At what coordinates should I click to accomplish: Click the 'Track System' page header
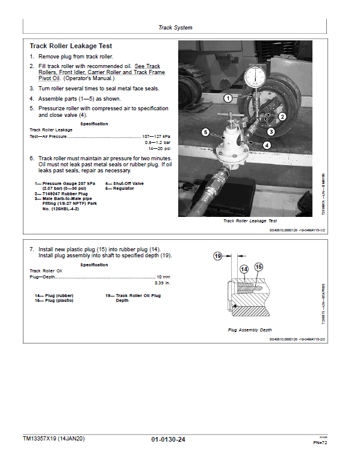[x=175, y=28]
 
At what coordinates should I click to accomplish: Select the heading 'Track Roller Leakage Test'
[x=70, y=46]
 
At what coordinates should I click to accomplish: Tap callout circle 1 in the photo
[x=228, y=98]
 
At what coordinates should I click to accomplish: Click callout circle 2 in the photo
[x=282, y=116]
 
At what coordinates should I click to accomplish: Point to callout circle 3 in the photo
[x=271, y=131]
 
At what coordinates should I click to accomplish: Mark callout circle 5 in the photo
[x=205, y=132]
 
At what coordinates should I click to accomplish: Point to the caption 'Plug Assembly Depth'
[x=250, y=330]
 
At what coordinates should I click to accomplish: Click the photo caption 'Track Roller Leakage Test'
[x=250, y=221]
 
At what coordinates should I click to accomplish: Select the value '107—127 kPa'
[x=157, y=136]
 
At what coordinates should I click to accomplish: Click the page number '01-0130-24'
[x=169, y=440]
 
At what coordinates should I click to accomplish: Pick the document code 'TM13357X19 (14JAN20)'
[x=54, y=439]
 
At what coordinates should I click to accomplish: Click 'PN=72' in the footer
[x=320, y=443]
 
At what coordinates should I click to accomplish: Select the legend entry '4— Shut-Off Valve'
[x=124, y=183]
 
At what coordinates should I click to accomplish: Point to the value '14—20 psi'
[x=160, y=148]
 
